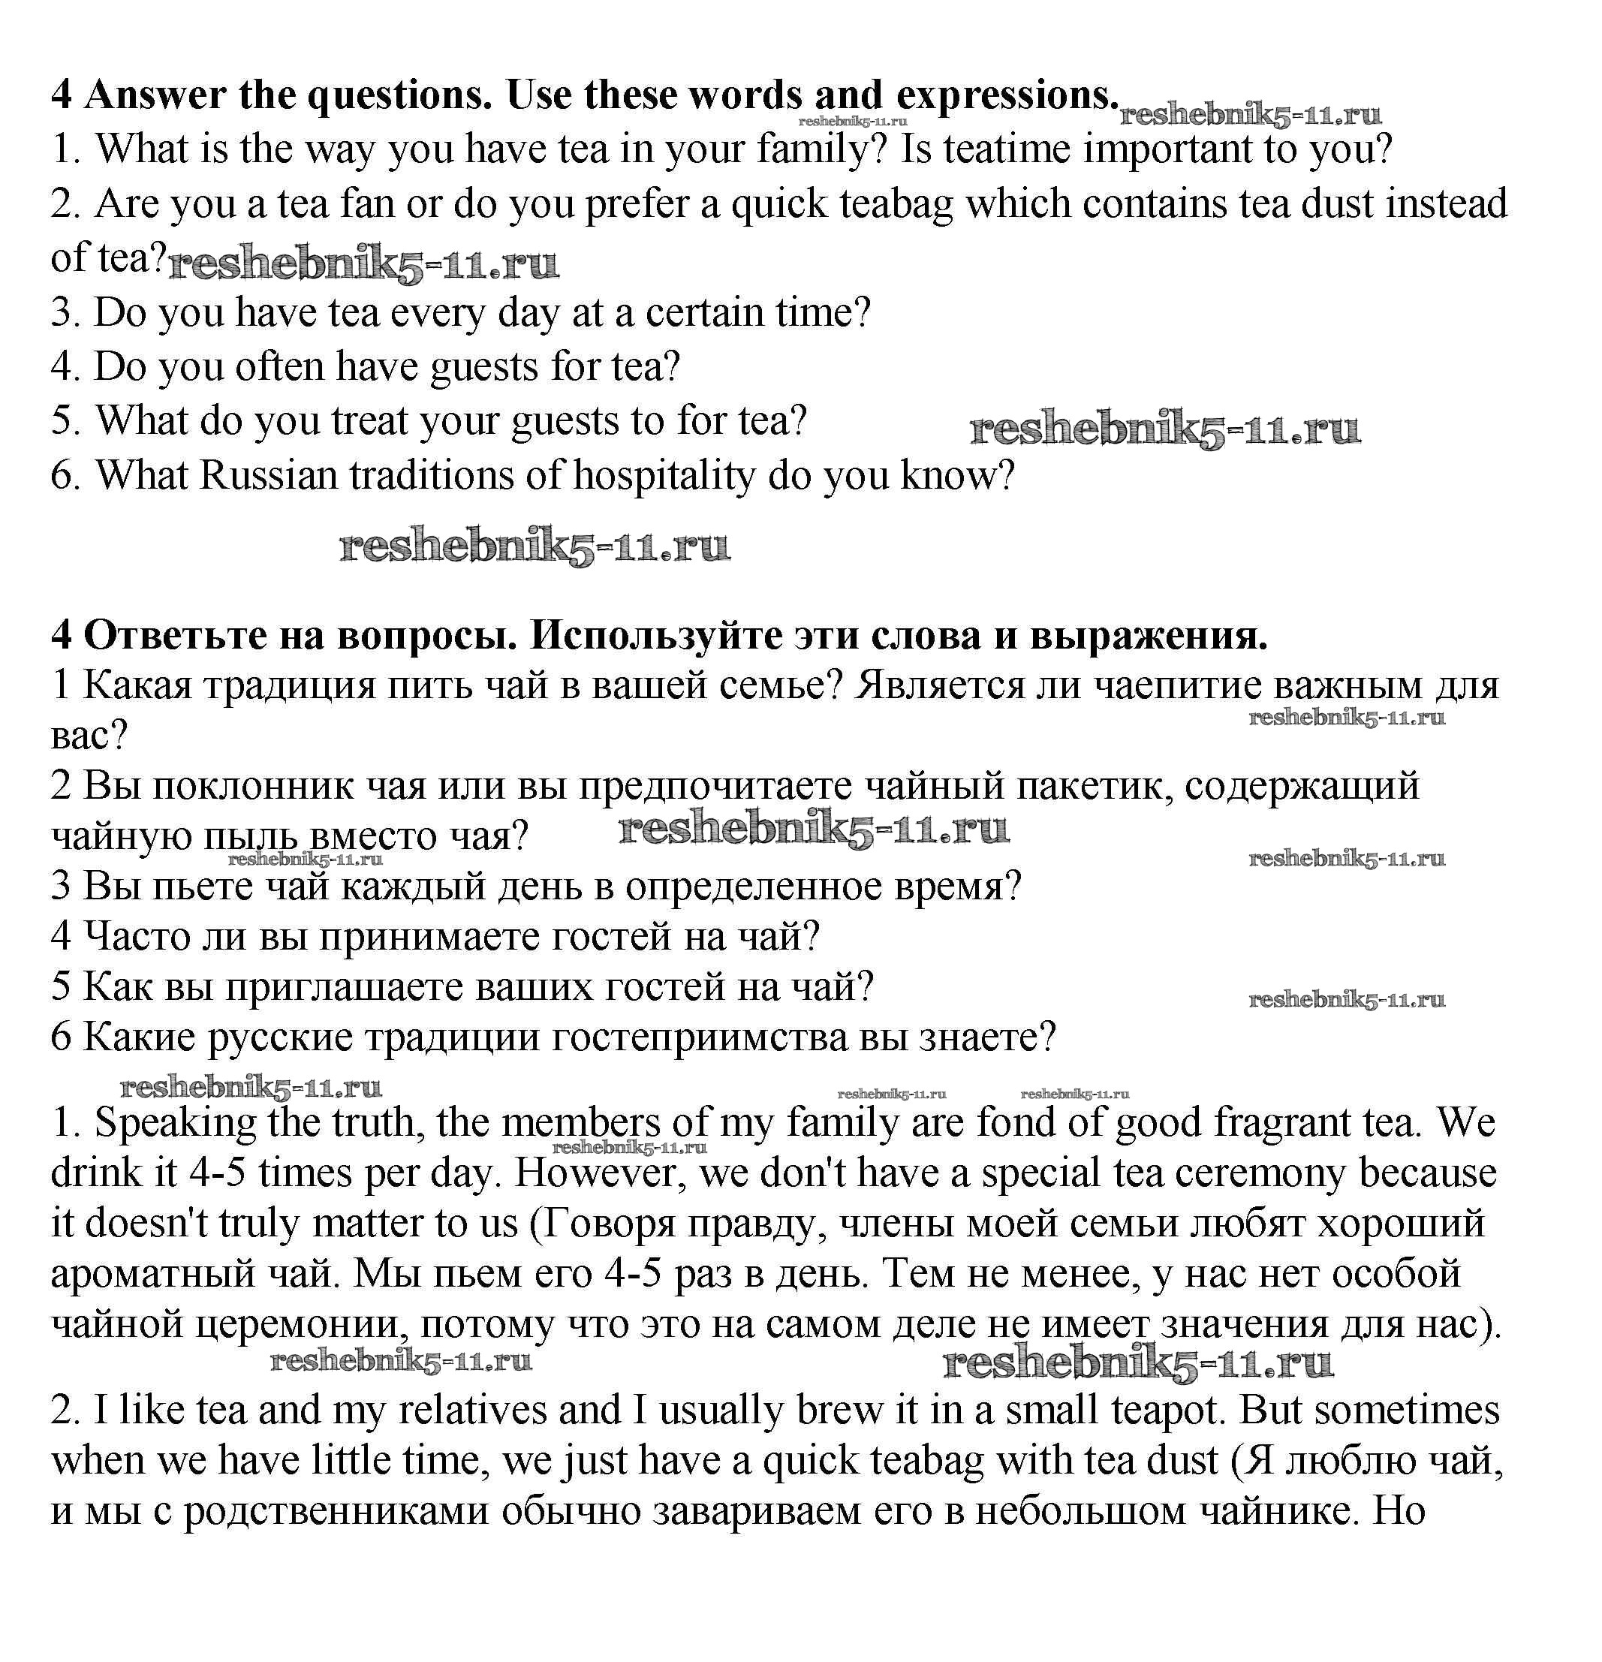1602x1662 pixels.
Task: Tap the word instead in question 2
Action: [1447, 204]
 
